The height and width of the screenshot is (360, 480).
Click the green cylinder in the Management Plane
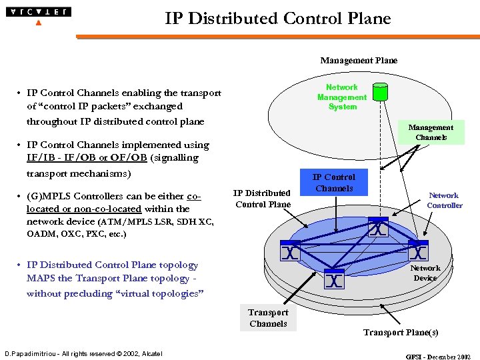point(379,92)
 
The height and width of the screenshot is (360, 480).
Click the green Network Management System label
point(342,97)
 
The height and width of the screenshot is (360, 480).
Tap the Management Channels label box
point(431,133)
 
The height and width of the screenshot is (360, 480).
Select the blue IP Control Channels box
point(334,183)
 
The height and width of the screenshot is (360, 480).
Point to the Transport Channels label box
point(268,318)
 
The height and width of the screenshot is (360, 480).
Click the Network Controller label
point(444,201)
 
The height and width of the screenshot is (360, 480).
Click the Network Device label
point(425,273)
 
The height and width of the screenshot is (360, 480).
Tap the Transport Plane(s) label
point(400,332)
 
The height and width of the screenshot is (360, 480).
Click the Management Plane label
point(359,61)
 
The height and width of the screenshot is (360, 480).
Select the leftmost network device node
point(290,253)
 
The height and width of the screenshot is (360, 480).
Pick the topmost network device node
point(378,229)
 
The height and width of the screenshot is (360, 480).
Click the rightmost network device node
point(417,253)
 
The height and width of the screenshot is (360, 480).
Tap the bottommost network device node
point(334,279)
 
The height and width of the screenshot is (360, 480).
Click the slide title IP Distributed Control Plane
point(277,19)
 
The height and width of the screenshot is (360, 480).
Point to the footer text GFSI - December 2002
point(438,357)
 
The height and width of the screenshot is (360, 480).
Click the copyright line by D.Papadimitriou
point(83,353)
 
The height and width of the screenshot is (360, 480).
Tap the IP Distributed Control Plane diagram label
point(263,199)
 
